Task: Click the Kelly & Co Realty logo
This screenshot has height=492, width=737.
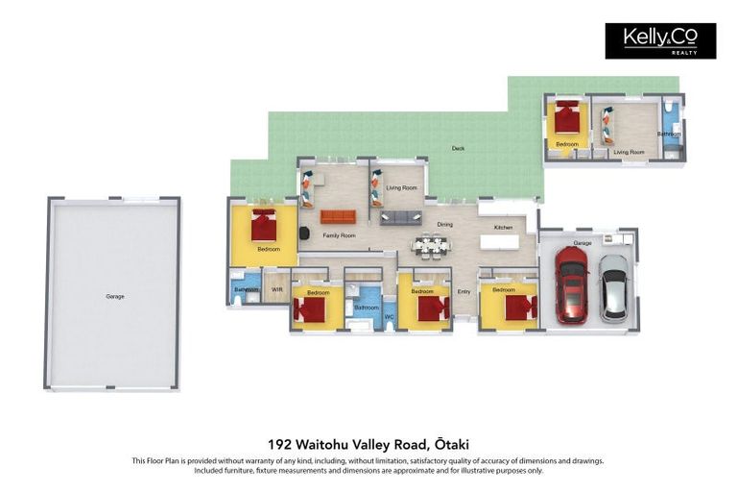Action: (x=659, y=40)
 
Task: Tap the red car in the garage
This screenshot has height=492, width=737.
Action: (x=570, y=285)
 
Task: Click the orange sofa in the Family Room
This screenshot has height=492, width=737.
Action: (x=337, y=216)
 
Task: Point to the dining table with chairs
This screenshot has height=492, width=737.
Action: (x=431, y=246)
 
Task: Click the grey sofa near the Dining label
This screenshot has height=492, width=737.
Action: (x=400, y=217)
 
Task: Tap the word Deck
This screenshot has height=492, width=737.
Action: (x=458, y=148)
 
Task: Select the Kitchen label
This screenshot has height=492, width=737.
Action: (x=503, y=227)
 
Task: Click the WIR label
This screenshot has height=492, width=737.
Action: (x=276, y=288)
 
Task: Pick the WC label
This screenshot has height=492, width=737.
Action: (x=389, y=316)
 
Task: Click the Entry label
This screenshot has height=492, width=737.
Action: (x=464, y=291)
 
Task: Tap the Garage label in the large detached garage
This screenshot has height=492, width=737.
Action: (x=114, y=296)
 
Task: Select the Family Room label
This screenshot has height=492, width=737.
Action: (x=339, y=235)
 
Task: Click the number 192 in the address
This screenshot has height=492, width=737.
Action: (x=280, y=445)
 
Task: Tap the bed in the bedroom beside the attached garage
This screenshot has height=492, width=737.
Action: (x=515, y=307)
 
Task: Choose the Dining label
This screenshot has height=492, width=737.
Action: (x=444, y=224)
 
